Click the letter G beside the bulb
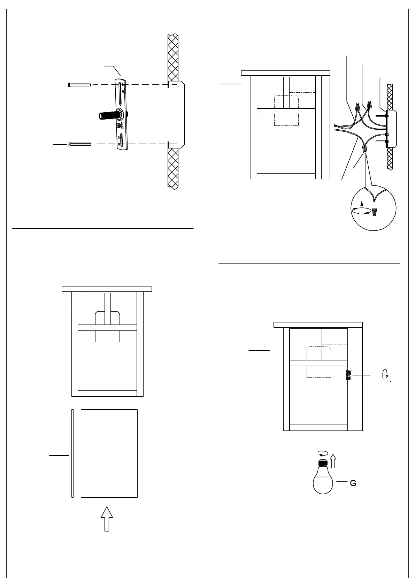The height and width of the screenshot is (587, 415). tap(353, 483)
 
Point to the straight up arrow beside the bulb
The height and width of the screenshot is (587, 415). tap(333, 460)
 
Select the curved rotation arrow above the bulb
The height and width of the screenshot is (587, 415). tap(324, 453)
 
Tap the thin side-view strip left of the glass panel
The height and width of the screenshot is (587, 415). tap(72, 453)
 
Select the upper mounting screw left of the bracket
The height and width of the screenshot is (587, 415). tap(79, 85)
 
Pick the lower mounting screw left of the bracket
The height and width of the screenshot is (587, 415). tap(80, 144)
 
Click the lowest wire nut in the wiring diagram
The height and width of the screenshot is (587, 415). tap(365, 150)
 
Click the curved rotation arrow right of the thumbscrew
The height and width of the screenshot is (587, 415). tap(385, 374)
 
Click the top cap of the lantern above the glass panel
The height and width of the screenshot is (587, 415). tap(107, 289)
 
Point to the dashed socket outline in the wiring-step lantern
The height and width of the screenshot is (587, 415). tap(286, 110)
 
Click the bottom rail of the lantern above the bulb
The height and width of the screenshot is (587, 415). tap(319, 428)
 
